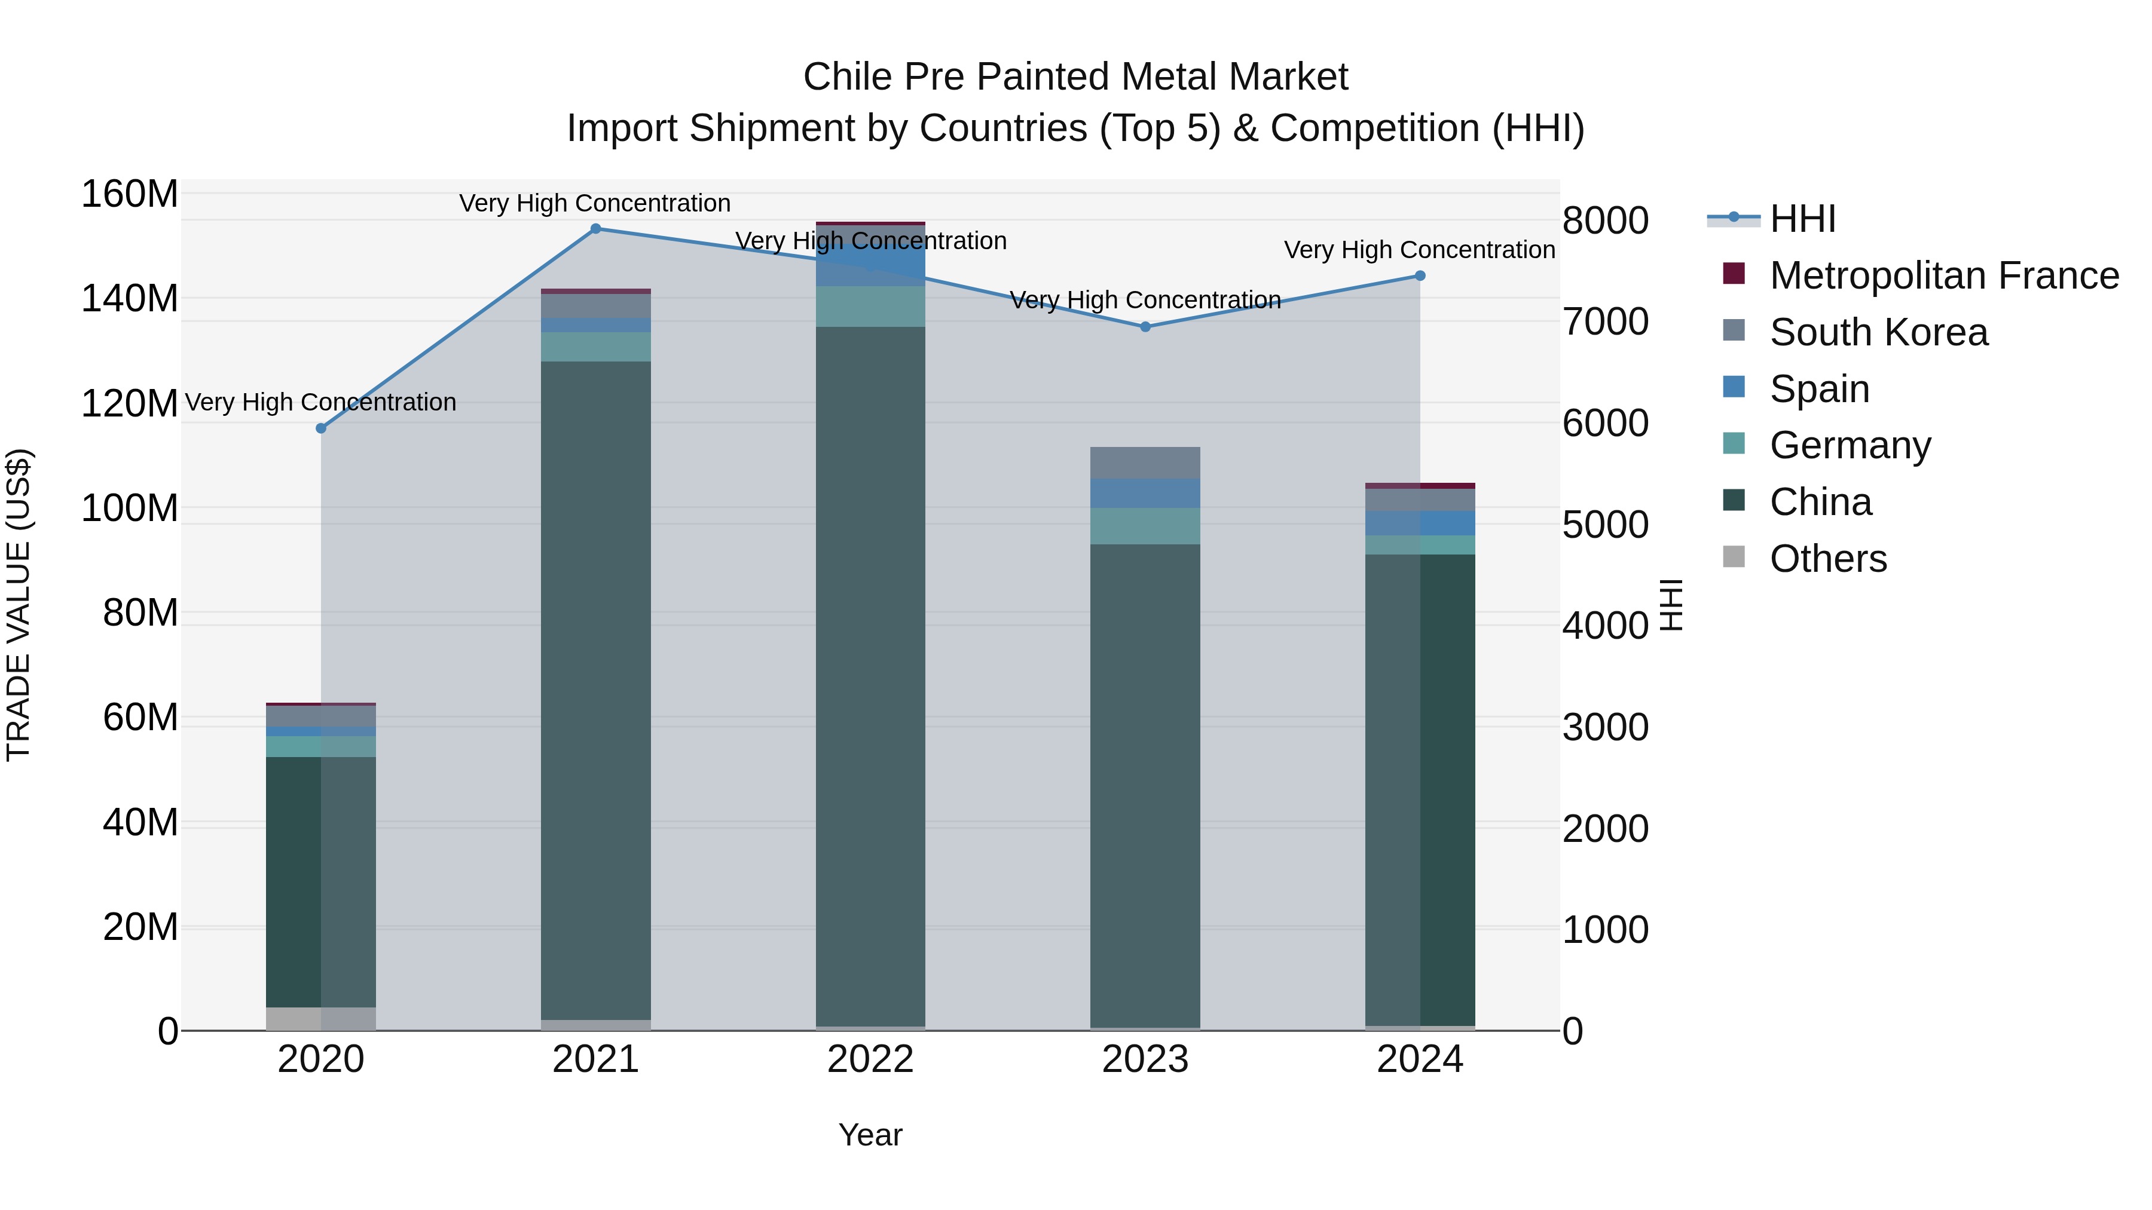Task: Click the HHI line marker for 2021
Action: (x=595, y=228)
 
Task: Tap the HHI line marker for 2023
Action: (x=1145, y=326)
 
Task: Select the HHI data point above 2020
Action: (x=321, y=428)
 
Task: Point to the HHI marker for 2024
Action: (x=1420, y=275)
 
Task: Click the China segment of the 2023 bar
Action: (x=1145, y=785)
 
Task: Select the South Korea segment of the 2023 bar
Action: (x=1145, y=462)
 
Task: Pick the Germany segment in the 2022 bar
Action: (x=870, y=307)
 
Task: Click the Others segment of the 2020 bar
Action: (x=321, y=1018)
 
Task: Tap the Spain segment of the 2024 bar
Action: (x=1420, y=523)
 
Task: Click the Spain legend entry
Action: (x=1820, y=389)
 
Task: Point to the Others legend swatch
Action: (x=1734, y=557)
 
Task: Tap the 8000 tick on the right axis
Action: (x=1605, y=220)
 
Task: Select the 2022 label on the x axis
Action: (x=870, y=1059)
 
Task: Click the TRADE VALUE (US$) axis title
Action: (x=19, y=605)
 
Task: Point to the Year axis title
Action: (x=870, y=1135)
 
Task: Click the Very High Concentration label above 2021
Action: (x=595, y=203)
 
